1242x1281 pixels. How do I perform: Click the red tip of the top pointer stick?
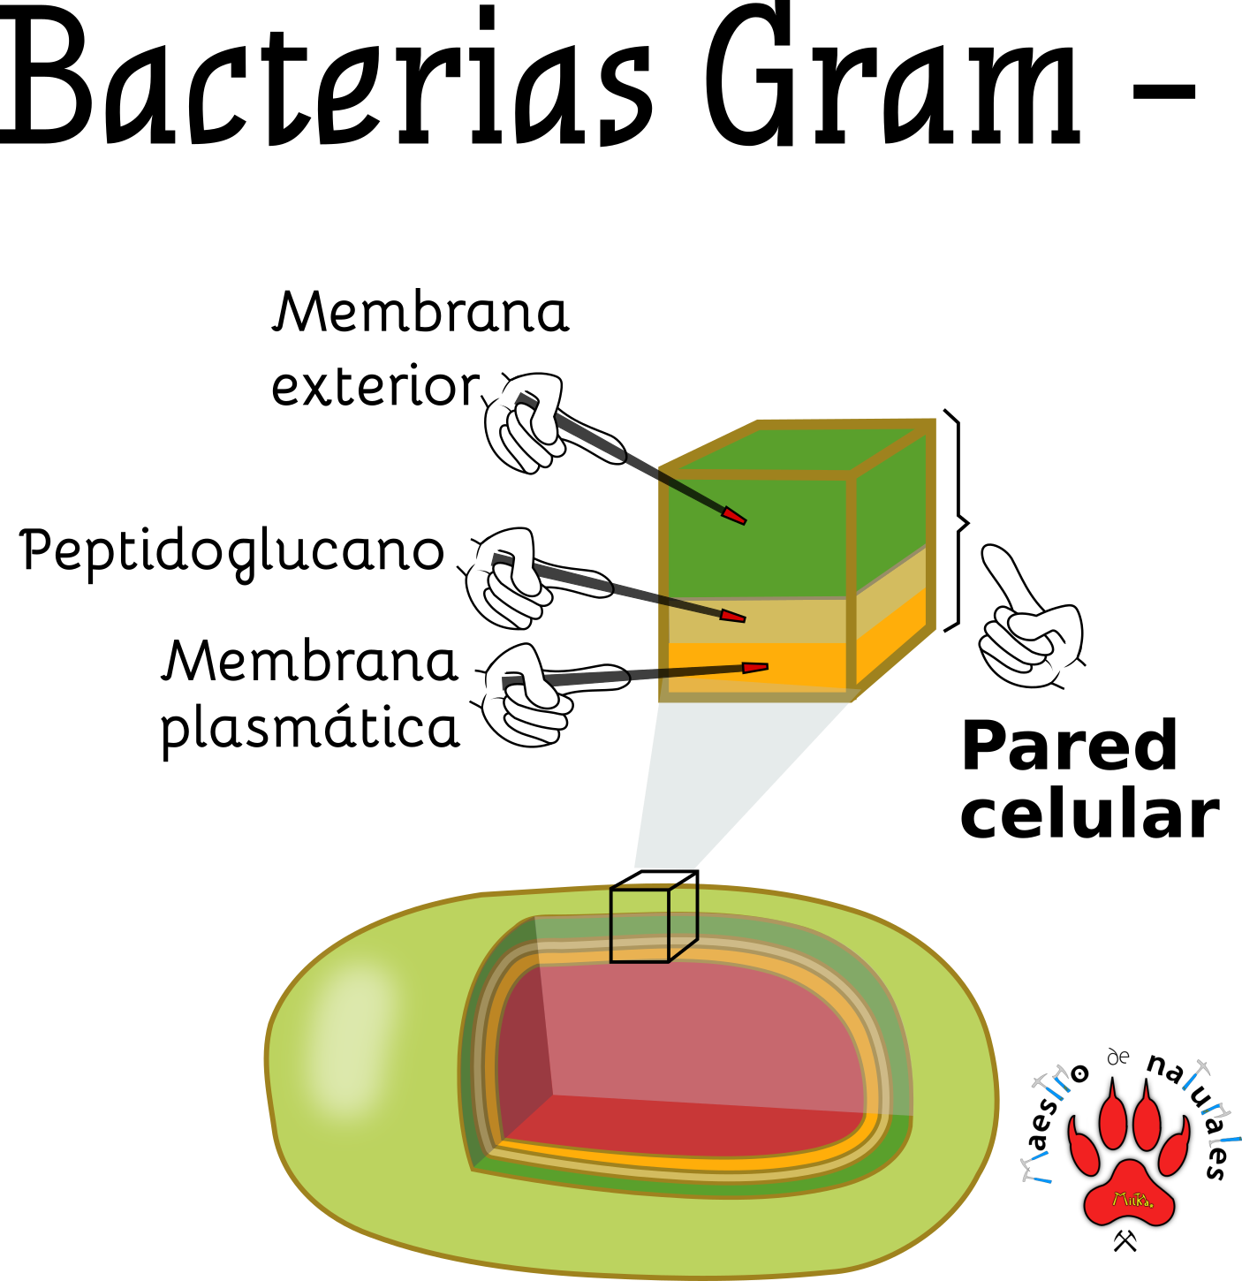[734, 516]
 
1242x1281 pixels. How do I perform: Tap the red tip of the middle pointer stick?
[733, 616]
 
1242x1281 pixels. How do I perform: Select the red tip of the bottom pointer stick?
[754, 668]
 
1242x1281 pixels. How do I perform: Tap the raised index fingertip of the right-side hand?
[994, 556]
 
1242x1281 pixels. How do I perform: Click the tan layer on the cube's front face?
[755, 620]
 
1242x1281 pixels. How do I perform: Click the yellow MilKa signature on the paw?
[1132, 1200]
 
